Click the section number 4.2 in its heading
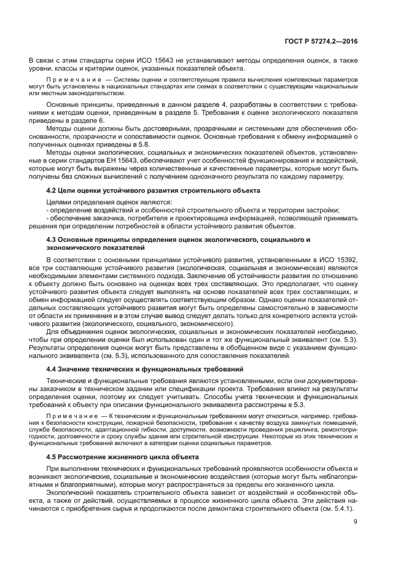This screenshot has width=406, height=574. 53,191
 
